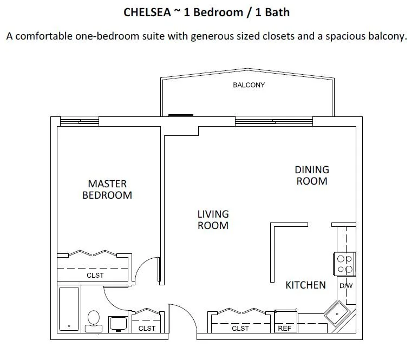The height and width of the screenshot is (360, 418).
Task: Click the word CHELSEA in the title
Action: pos(147,12)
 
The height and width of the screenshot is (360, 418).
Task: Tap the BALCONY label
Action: pos(249,85)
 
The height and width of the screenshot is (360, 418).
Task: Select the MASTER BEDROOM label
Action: pos(107,189)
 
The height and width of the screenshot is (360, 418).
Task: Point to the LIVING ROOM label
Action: pos(213,220)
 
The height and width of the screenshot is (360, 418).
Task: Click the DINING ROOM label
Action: pos(312,175)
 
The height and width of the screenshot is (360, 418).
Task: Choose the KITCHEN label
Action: pos(305,285)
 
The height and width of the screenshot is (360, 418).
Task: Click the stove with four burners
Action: pos(345,264)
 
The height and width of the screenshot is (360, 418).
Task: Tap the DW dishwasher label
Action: pos(345,286)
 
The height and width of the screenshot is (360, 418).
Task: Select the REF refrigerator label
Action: pos(285,328)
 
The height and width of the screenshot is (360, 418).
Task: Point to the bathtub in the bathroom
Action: pos(69,309)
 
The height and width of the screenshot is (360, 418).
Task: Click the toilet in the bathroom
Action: pos(93,320)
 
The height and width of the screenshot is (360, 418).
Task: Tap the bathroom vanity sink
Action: pos(117,324)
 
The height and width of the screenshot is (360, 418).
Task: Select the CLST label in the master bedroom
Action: pos(95,276)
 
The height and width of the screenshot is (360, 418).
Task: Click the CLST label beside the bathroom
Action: pos(147,328)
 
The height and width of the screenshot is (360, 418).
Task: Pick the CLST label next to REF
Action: pos(240,328)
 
